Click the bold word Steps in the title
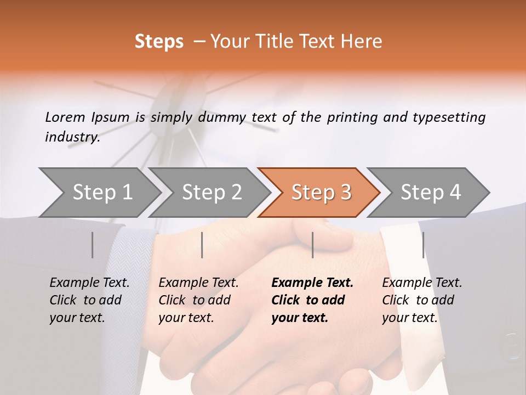pos(159,42)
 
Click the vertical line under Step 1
pos(93,245)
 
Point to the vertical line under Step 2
pos(202,245)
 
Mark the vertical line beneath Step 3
pos(313,245)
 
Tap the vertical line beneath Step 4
pos(423,245)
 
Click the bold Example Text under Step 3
pos(312,283)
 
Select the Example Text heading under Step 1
pos(89,283)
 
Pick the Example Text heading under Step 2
pos(198,283)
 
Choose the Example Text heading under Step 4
pos(422,283)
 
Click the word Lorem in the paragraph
pos(65,117)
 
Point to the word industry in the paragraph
pos(72,137)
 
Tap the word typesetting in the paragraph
pos(448,117)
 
